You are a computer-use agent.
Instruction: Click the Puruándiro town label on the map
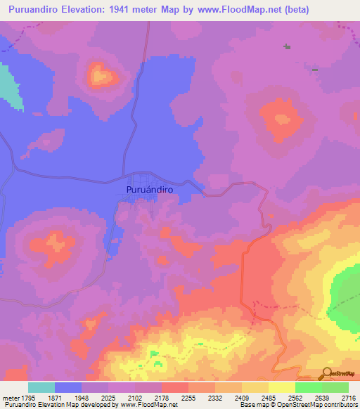click(x=149, y=189)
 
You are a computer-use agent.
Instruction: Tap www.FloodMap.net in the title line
click(x=236, y=8)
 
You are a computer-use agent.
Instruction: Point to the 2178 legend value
click(x=162, y=398)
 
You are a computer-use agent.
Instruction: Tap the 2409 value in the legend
click(x=242, y=398)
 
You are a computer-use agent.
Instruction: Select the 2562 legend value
click(x=295, y=398)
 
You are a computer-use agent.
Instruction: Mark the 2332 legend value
click(x=215, y=398)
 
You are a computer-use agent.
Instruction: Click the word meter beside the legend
click(x=7, y=398)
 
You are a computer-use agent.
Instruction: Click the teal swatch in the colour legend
click(x=41, y=387)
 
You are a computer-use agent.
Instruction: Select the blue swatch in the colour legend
click(x=68, y=387)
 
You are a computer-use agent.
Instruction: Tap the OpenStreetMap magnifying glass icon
click(x=326, y=372)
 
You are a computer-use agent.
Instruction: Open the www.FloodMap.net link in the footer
click(x=149, y=405)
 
